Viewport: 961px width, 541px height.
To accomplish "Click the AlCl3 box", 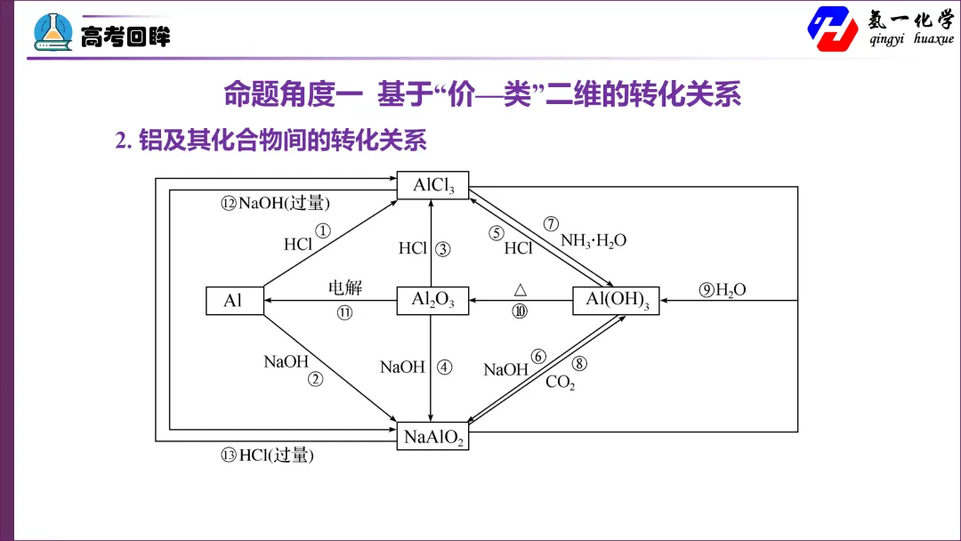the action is (432, 185).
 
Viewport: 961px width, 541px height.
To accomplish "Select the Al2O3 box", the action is (432, 300).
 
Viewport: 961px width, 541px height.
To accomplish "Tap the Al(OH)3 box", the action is (616, 300).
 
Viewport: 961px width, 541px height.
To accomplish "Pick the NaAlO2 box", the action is (432, 436).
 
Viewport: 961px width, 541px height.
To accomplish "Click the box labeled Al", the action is (235, 300).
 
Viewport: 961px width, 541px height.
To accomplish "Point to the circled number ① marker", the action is (323, 230).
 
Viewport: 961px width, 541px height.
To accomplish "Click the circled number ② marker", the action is (316, 379).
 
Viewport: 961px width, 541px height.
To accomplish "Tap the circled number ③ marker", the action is (442, 249).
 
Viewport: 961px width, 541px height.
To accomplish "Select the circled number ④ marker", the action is (444, 367).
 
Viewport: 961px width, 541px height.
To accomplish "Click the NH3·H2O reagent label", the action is (594, 241).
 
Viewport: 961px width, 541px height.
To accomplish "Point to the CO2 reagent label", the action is (561, 383).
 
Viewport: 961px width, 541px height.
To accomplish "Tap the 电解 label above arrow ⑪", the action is (345, 287).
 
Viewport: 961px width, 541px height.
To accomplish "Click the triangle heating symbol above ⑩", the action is (521, 290).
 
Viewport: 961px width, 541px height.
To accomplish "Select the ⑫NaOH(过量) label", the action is (275, 203).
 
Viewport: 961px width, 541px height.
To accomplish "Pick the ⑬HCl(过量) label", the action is (267, 455).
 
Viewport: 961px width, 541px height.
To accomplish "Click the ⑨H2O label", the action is (723, 290).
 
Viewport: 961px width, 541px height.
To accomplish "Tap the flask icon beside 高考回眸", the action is (52, 32).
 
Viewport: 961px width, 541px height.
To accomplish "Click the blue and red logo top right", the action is (833, 28).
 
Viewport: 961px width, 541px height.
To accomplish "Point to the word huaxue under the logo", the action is (933, 38).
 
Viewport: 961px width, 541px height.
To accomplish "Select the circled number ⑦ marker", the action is (551, 224).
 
